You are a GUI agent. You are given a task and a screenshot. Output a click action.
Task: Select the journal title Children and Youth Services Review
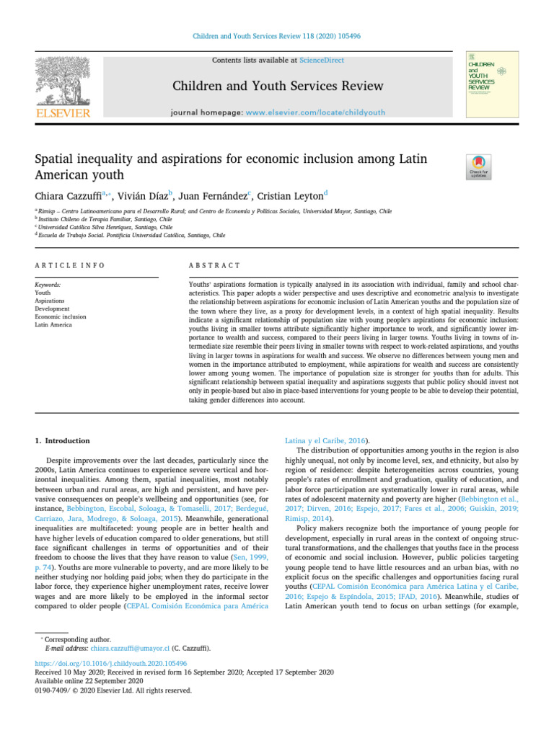(x=278, y=86)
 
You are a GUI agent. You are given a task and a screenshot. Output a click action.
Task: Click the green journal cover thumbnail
(x=493, y=84)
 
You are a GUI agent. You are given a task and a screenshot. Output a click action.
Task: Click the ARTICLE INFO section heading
(x=70, y=266)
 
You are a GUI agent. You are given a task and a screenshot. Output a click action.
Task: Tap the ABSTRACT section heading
(x=214, y=266)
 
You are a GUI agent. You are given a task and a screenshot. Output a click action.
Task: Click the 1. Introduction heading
(x=63, y=440)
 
